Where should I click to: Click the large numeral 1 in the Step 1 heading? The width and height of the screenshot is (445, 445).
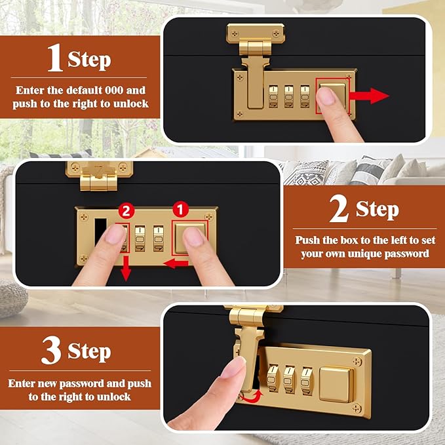pyautogui.click(x=55, y=58)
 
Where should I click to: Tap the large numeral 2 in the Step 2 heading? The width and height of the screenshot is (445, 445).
pyautogui.click(x=339, y=208)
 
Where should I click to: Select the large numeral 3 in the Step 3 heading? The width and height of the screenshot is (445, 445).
pyautogui.click(x=51, y=350)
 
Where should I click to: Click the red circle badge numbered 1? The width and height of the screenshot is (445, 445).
pyautogui.click(x=180, y=210)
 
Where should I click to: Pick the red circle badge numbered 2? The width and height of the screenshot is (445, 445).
pyautogui.click(x=126, y=210)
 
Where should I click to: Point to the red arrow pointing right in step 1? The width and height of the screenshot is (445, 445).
pyautogui.click(x=369, y=96)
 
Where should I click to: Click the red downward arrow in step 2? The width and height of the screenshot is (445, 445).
pyautogui.click(x=126, y=268)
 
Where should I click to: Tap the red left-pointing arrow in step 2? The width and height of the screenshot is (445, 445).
pyautogui.click(x=176, y=264)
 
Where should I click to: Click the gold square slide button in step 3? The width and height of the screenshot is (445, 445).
pyautogui.click(x=336, y=385)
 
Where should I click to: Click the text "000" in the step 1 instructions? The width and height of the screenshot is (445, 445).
pyautogui.click(x=114, y=90)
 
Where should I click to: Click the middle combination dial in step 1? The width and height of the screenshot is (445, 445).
pyautogui.click(x=289, y=96)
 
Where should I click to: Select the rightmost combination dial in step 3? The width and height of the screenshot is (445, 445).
pyautogui.click(x=307, y=381)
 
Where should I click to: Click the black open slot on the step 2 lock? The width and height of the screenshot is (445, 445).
pyautogui.click(x=100, y=232)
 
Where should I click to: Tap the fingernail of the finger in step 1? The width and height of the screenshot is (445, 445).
pyautogui.click(x=326, y=96)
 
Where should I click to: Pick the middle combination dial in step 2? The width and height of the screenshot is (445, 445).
pyautogui.click(x=140, y=239)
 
